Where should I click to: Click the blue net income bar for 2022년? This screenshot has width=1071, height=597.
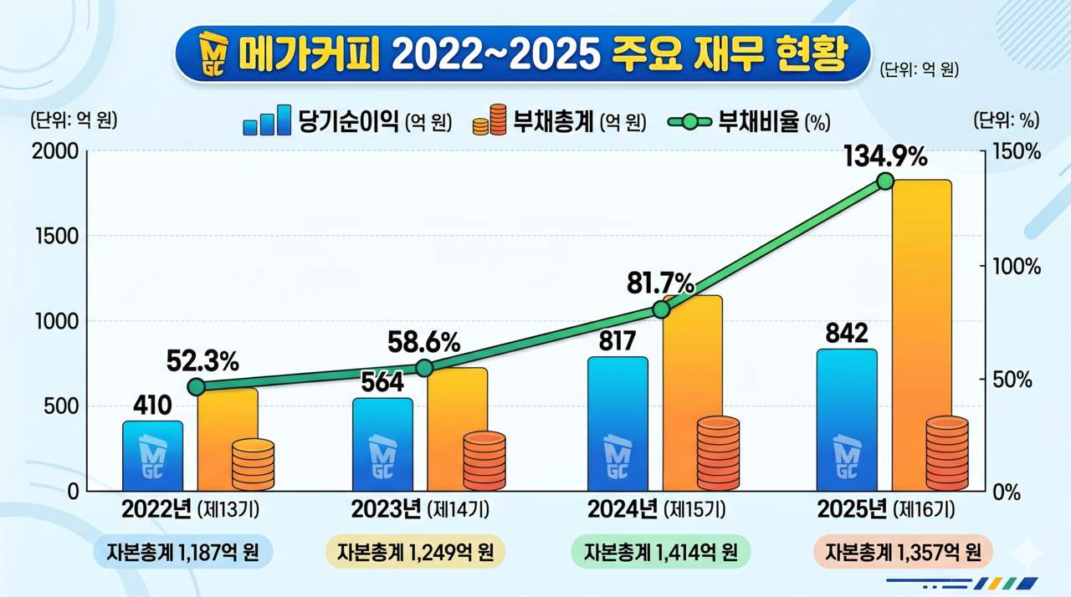click(x=152, y=456)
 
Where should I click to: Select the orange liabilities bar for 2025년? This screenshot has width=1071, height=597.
click(x=922, y=335)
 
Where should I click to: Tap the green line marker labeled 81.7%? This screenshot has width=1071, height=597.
click(x=661, y=310)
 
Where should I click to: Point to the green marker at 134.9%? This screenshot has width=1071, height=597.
click(x=885, y=181)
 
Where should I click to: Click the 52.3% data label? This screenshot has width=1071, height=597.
click(x=202, y=361)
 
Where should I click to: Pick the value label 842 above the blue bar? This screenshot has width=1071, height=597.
click(x=847, y=333)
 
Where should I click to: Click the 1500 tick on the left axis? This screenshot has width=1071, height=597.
click(x=57, y=237)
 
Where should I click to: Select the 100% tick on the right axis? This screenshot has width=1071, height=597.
click(x=1017, y=267)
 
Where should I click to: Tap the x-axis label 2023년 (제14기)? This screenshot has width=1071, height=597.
click(x=420, y=509)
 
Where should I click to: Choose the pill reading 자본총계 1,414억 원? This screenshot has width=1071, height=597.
click(x=661, y=552)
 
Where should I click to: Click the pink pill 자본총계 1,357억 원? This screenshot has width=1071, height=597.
click(x=903, y=552)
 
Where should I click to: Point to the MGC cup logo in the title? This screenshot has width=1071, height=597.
click(x=213, y=54)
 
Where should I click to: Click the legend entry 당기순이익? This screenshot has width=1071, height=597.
click(x=347, y=121)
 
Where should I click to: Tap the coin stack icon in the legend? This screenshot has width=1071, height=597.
click(x=489, y=120)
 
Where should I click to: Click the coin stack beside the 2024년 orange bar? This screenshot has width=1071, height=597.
click(x=718, y=453)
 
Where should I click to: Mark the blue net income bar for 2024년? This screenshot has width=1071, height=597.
click(x=617, y=424)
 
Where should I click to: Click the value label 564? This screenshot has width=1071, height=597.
click(x=382, y=382)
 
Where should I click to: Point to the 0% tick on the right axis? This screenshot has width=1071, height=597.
click(x=1007, y=492)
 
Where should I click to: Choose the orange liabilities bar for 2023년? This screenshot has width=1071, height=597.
click(x=458, y=429)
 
